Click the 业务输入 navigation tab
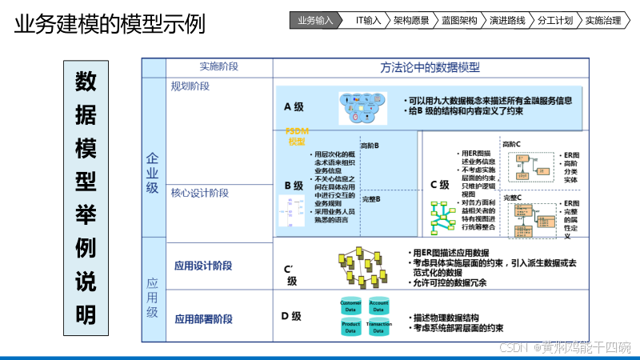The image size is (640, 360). [x=314, y=21]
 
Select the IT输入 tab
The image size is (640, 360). [x=368, y=21]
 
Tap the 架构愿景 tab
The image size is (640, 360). [x=412, y=21]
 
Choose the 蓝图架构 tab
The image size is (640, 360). [x=460, y=21]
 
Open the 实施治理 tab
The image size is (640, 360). [x=603, y=21]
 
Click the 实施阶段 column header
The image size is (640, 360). [x=218, y=67]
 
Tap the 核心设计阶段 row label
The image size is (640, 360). [x=200, y=193]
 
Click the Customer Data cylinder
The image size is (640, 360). [x=351, y=306]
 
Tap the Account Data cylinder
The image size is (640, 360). [x=378, y=306]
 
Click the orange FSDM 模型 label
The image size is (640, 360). [x=297, y=136]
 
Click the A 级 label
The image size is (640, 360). [x=294, y=106]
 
